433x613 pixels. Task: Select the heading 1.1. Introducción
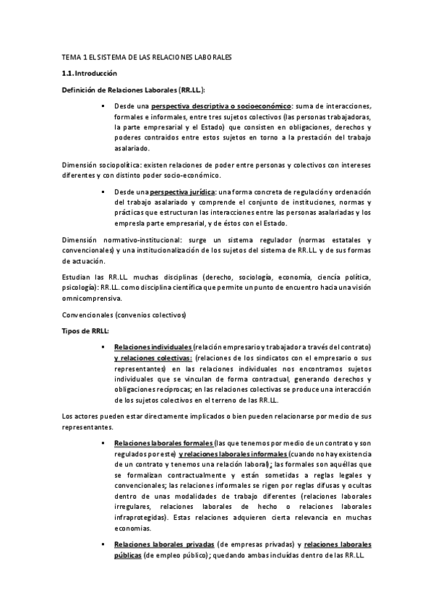coord(90,74)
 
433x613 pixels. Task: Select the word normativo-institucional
coord(133,240)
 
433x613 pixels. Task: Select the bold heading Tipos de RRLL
coord(85,330)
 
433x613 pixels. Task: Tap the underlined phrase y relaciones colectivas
coord(153,357)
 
